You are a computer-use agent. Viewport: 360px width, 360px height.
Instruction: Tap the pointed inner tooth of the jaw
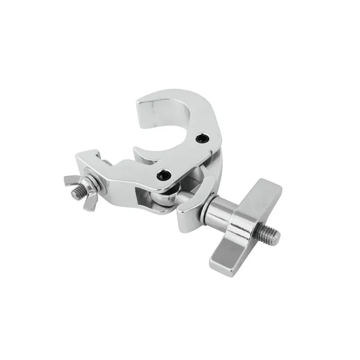(139, 150)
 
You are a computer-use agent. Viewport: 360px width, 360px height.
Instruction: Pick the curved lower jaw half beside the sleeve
(193, 198)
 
